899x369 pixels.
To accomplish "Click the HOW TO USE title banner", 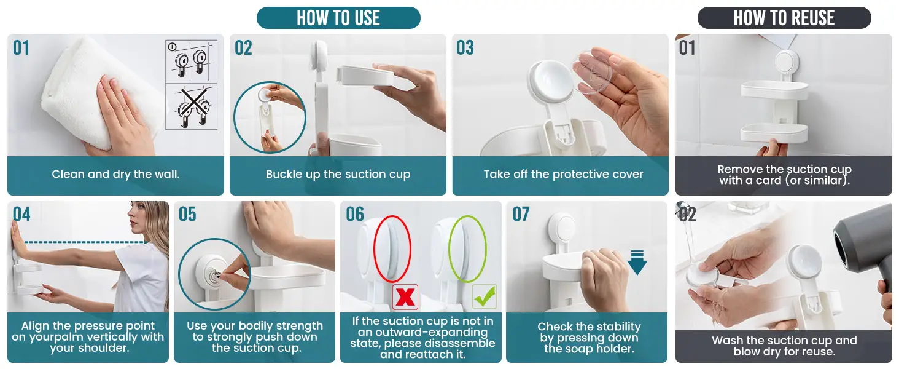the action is tap(338, 18).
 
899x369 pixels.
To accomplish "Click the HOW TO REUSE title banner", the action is tap(784, 18).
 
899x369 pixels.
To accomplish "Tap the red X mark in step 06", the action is tap(405, 297).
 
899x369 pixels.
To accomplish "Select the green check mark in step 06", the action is tap(485, 296).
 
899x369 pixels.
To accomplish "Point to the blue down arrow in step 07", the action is tap(637, 263).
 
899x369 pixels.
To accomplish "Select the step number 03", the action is tap(465, 48).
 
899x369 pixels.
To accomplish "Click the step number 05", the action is tap(187, 214).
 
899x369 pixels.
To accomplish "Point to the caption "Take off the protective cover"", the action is tap(563, 174).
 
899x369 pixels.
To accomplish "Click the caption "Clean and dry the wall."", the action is tap(115, 174).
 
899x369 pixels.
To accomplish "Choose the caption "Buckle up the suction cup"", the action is tap(338, 174).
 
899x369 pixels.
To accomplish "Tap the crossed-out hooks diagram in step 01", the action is tap(192, 107).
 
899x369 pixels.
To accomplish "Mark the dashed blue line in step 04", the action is tap(84, 242).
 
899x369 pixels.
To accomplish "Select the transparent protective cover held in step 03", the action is tap(593, 73).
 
